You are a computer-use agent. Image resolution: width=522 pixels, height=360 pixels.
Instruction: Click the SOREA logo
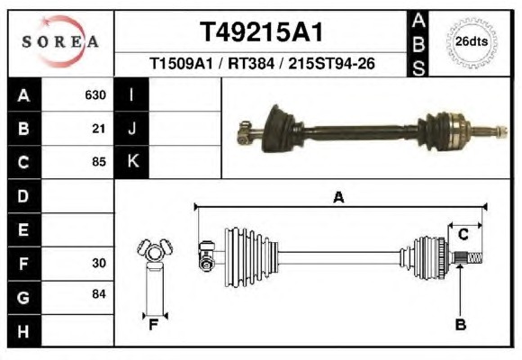click(60, 41)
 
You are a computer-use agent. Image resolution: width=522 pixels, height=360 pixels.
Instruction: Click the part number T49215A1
click(261, 32)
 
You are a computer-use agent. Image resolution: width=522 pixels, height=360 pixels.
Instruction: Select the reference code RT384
click(251, 63)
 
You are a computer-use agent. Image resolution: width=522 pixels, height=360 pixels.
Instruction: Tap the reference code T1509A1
click(181, 63)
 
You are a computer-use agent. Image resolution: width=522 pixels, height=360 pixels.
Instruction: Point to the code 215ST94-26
click(331, 63)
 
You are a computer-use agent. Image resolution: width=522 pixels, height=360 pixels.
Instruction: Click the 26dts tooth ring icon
click(472, 42)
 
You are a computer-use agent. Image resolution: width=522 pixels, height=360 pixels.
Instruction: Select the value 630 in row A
click(95, 95)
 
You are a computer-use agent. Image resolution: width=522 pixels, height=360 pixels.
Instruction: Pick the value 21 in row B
click(99, 129)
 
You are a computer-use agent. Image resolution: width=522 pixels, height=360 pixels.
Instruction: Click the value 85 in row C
click(99, 162)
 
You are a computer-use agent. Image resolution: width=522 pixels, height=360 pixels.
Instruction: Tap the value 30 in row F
click(99, 263)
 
